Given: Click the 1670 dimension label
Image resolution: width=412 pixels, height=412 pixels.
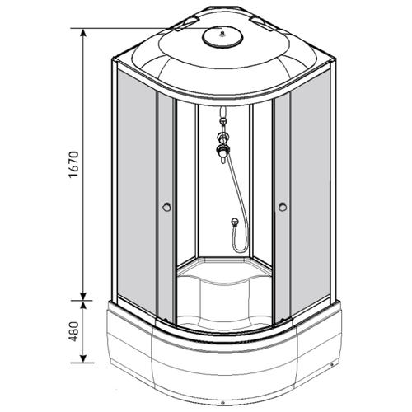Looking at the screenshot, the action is coord(74,164).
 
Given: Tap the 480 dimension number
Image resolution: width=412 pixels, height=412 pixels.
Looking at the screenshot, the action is coord(74,331).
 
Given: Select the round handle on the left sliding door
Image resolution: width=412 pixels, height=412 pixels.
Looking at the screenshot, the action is coord(166,207).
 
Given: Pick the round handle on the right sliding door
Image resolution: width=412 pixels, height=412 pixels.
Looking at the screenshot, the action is coord(282,207).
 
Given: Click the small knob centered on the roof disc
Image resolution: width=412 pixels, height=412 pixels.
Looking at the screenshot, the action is coord(222,34).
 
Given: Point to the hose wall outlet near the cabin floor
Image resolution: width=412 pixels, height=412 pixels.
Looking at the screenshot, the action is coord(234,221).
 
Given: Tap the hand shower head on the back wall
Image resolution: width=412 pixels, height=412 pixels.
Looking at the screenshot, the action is coord(222,152).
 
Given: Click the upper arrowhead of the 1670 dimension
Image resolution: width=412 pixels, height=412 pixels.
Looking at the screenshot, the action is coord(83,32).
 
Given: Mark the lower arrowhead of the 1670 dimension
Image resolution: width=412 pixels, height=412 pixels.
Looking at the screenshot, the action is coord(83,296).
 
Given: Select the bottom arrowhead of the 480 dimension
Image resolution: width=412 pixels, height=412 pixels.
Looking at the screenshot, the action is coord(83,358).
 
